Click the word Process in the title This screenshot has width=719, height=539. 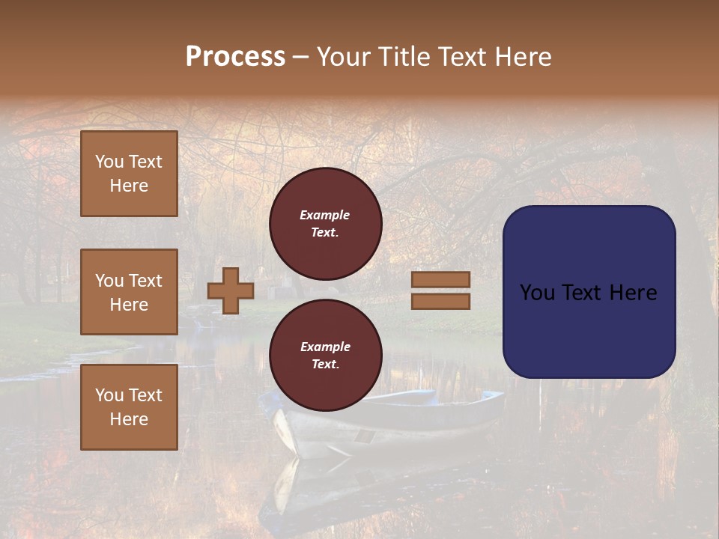(x=235, y=57)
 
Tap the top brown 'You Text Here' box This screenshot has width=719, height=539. (x=129, y=174)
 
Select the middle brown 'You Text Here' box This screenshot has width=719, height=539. (x=129, y=292)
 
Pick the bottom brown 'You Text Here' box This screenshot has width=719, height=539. (x=129, y=407)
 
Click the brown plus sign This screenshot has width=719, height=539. (x=231, y=291)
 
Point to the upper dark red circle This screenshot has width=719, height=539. (x=325, y=224)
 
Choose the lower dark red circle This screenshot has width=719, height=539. (x=325, y=356)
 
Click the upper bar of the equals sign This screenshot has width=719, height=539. (x=440, y=280)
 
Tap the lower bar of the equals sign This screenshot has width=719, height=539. (x=440, y=302)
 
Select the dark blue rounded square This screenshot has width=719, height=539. (x=589, y=292)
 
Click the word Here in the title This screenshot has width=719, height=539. (x=525, y=57)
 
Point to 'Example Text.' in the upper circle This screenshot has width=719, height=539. (x=325, y=224)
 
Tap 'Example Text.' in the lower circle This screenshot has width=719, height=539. (x=325, y=356)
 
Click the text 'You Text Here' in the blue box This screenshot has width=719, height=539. (x=589, y=293)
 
